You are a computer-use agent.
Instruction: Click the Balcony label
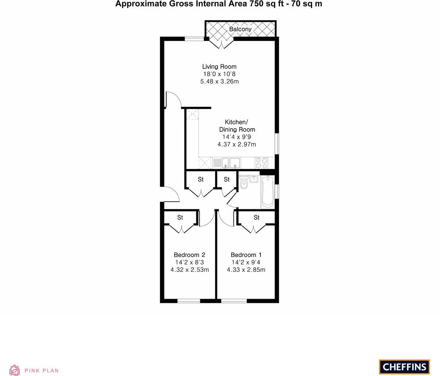(x=240, y=29)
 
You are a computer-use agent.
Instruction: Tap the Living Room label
(x=219, y=67)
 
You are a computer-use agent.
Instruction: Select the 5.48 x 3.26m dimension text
(x=219, y=81)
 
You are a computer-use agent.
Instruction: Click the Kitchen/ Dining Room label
(x=237, y=126)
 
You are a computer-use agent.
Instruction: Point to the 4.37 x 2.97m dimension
(x=237, y=144)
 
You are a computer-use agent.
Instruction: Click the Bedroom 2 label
(x=190, y=255)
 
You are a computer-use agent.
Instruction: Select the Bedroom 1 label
(x=246, y=255)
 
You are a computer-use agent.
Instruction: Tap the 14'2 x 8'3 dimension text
(x=190, y=262)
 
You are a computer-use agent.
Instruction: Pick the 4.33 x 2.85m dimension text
(x=246, y=270)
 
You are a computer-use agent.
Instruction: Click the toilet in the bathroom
(x=243, y=183)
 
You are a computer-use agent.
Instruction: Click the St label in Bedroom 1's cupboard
(x=257, y=217)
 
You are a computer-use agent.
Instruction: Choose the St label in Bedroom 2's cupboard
(x=180, y=217)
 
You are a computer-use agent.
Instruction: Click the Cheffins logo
(x=404, y=367)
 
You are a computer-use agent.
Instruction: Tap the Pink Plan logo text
(x=41, y=370)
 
